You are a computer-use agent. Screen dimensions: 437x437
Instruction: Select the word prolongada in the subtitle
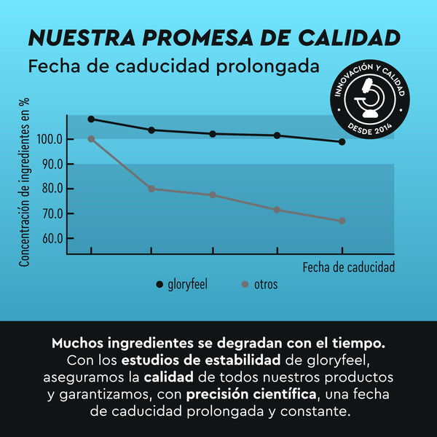click(x=269, y=66)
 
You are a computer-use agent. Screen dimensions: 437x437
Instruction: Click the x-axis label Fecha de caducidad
click(x=348, y=267)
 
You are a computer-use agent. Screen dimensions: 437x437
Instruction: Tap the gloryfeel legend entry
click(x=187, y=284)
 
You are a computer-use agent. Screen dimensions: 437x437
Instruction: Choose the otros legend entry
click(x=265, y=284)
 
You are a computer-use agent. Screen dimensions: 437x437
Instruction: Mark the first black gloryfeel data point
click(x=91, y=119)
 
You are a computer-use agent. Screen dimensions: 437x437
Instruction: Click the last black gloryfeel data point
click(x=342, y=142)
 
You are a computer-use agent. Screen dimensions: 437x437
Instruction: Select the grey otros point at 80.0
click(x=151, y=189)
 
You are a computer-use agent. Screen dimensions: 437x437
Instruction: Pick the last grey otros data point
click(x=342, y=221)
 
